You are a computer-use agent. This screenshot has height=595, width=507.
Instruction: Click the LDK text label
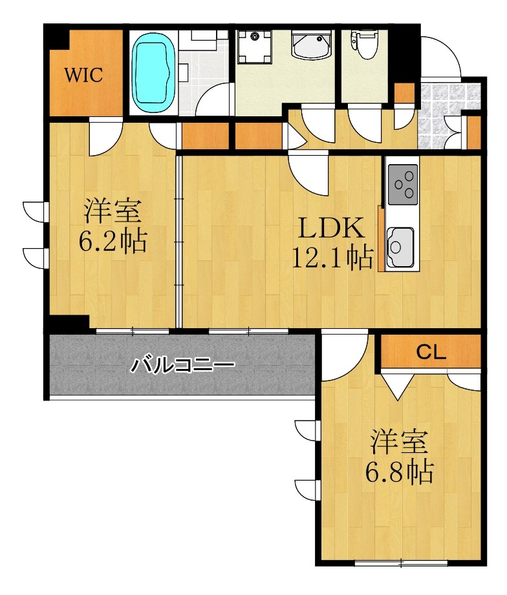(330, 229)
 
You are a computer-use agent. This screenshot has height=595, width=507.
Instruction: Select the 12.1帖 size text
(331, 258)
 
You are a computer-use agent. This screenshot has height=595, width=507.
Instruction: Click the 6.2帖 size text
(113, 242)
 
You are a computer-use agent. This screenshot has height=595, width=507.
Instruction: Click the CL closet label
(430, 352)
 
